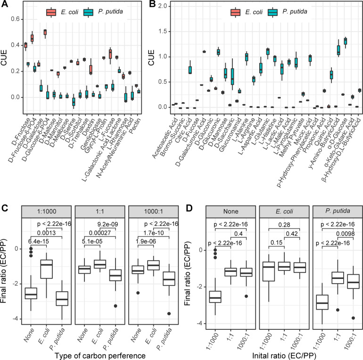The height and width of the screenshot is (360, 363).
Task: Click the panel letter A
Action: click(4, 4)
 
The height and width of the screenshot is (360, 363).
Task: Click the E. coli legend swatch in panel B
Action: click(235, 12)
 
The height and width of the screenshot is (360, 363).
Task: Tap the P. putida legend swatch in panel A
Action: click(89, 12)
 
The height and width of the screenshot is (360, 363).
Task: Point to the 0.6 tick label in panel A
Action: click(16, 19)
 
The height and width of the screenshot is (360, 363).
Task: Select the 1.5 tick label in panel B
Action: click(163, 31)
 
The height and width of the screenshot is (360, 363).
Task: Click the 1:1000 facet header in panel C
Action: click(47, 211)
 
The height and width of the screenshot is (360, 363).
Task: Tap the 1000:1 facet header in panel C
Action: click(154, 211)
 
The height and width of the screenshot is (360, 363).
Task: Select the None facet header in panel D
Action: click(231, 211)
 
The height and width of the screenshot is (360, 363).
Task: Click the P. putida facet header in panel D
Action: click(338, 211)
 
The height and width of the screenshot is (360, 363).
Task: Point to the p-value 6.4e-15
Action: click(39, 241)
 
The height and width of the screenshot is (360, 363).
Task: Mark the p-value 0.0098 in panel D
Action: click(345, 234)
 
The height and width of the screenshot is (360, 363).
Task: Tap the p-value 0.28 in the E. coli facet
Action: click(284, 225)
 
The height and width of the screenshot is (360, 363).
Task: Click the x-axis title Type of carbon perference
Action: click(100, 356)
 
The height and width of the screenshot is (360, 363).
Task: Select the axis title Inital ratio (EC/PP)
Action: click(284, 356)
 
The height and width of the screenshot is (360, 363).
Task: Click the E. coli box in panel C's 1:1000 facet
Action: click(47, 269)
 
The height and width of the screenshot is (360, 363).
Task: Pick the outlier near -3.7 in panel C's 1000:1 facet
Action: click(169, 313)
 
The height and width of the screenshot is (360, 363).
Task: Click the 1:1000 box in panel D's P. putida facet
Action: click(322, 302)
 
